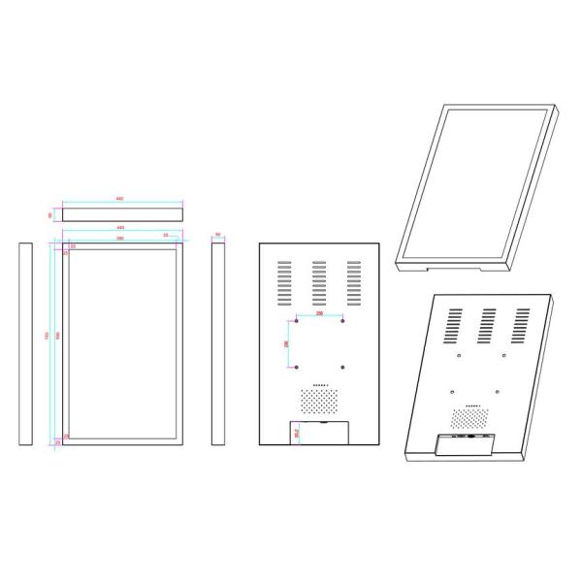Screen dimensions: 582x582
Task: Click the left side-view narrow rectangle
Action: tap(25, 344)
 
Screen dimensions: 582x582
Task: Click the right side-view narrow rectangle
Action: tap(218, 344)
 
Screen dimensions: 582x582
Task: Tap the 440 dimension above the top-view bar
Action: tap(119, 199)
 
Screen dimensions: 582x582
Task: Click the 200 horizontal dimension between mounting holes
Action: tap(320, 315)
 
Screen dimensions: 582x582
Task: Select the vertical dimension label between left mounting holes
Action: tap(286, 343)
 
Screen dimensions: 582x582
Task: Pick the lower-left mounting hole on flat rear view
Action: tap(297, 367)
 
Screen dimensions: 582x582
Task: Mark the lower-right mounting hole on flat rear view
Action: tap(344, 367)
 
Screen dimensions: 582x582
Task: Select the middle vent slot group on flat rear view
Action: tap(320, 281)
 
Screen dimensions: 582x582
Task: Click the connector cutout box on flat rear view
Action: tap(320, 433)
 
